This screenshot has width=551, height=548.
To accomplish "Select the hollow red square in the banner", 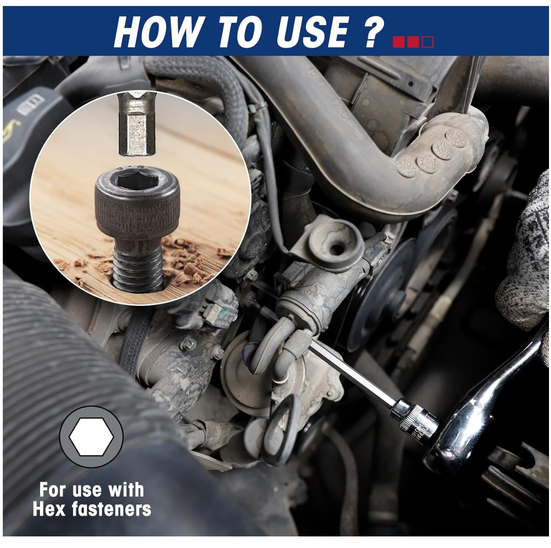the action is pos(428,42).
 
